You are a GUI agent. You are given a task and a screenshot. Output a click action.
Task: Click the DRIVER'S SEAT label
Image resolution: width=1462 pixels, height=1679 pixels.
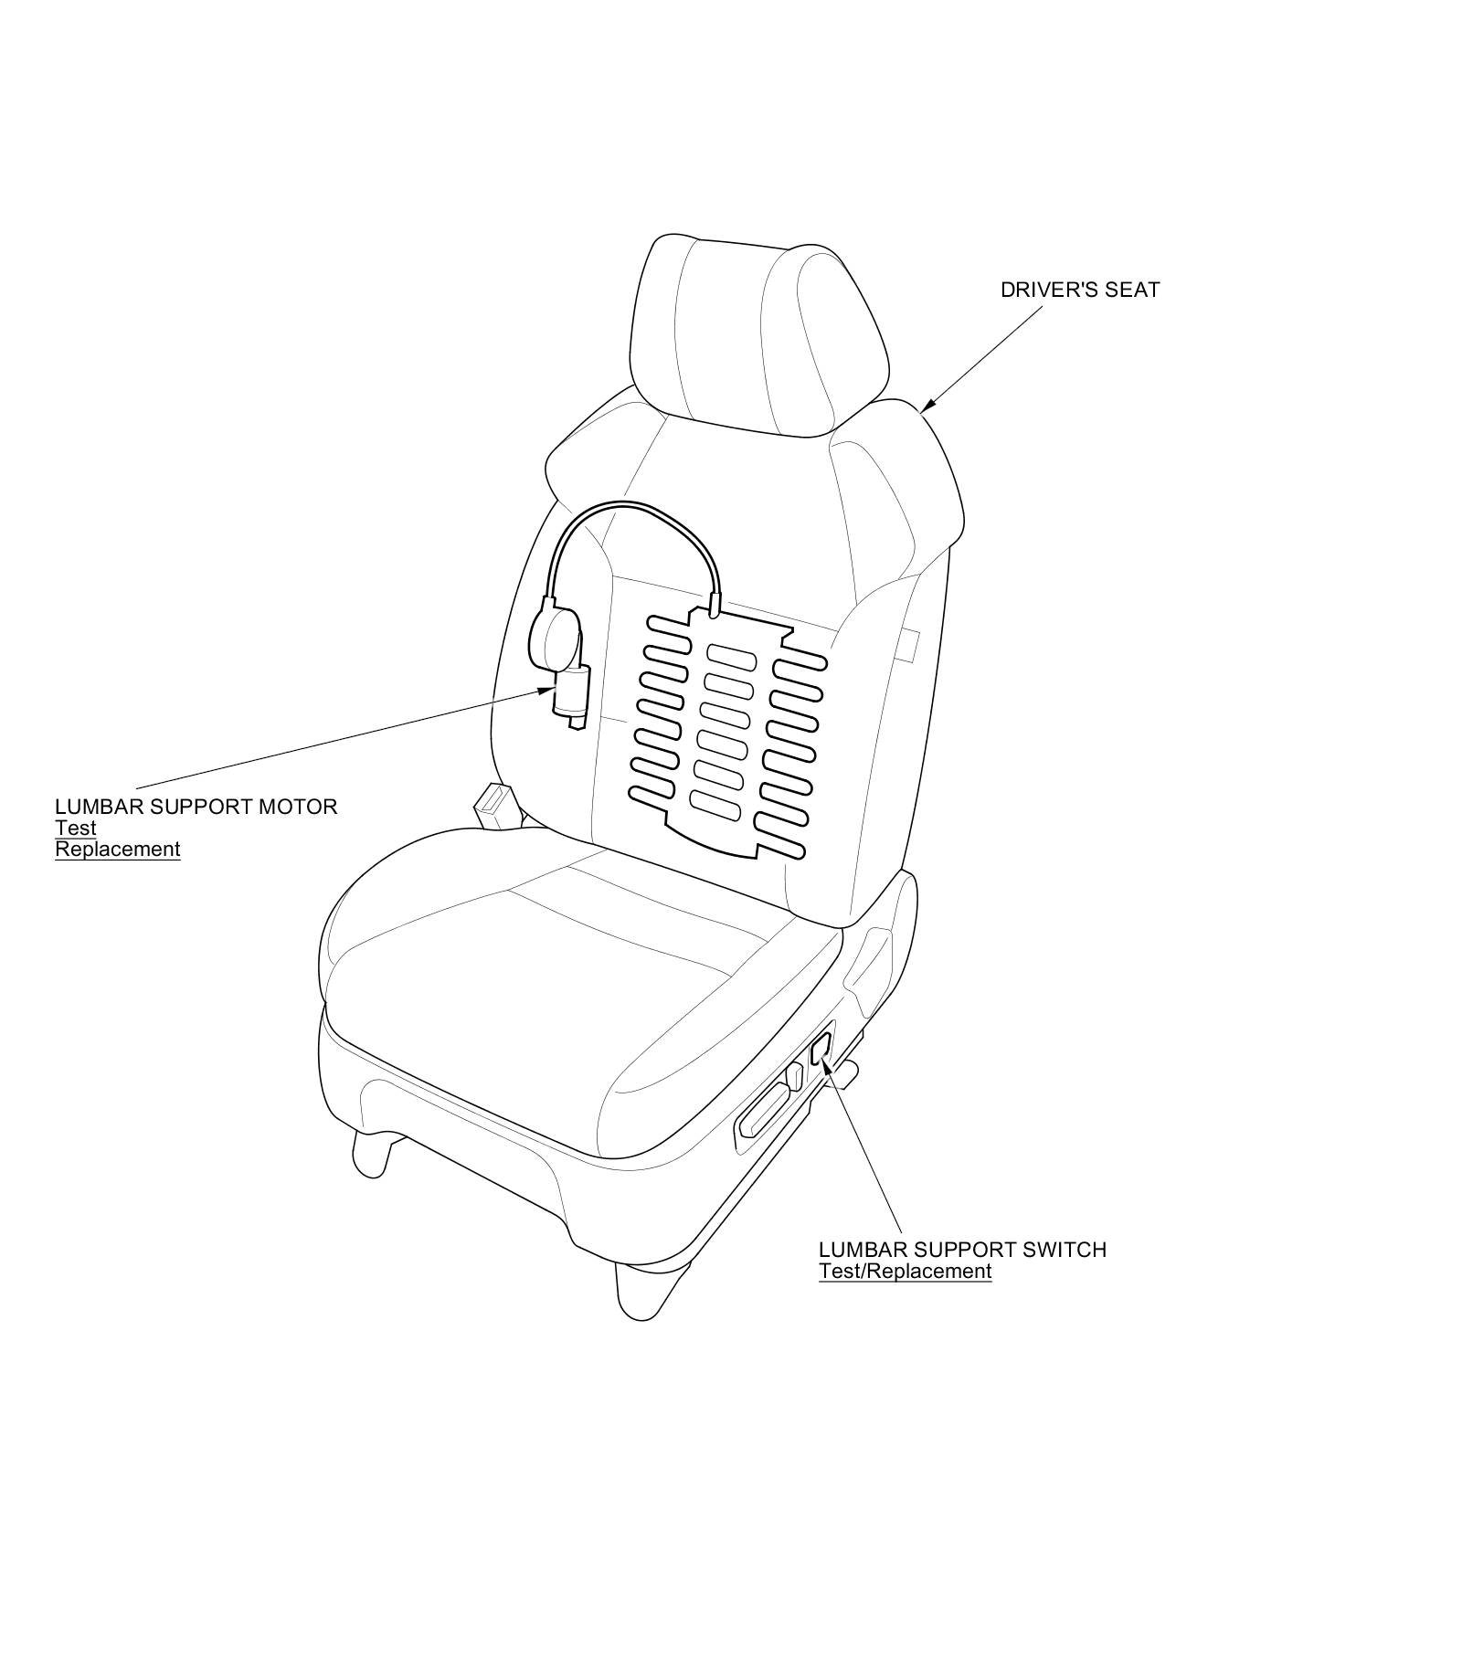click(x=1079, y=290)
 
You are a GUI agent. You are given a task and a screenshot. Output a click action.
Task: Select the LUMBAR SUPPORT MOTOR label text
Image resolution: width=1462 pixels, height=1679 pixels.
click(x=196, y=807)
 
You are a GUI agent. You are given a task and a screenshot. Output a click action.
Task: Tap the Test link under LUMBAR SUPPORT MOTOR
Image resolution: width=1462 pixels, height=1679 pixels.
click(x=75, y=829)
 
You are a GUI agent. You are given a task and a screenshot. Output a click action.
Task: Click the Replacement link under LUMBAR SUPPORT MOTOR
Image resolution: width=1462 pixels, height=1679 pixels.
click(x=117, y=850)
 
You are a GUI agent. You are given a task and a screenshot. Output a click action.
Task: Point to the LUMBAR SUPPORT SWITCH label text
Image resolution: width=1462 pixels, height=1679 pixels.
click(x=961, y=1250)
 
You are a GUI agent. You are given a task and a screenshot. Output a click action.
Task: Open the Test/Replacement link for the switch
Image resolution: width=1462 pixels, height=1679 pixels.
click(x=905, y=1272)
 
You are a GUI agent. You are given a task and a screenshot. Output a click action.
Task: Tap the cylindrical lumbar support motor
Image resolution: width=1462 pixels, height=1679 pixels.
click(x=570, y=692)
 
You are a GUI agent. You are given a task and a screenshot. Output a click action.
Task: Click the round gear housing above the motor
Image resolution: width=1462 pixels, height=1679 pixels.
click(x=554, y=636)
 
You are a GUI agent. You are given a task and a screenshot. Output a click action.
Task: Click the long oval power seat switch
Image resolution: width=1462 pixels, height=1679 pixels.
click(x=762, y=1111)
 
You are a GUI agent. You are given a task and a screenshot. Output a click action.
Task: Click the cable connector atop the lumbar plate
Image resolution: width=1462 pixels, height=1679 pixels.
click(x=715, y=603)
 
